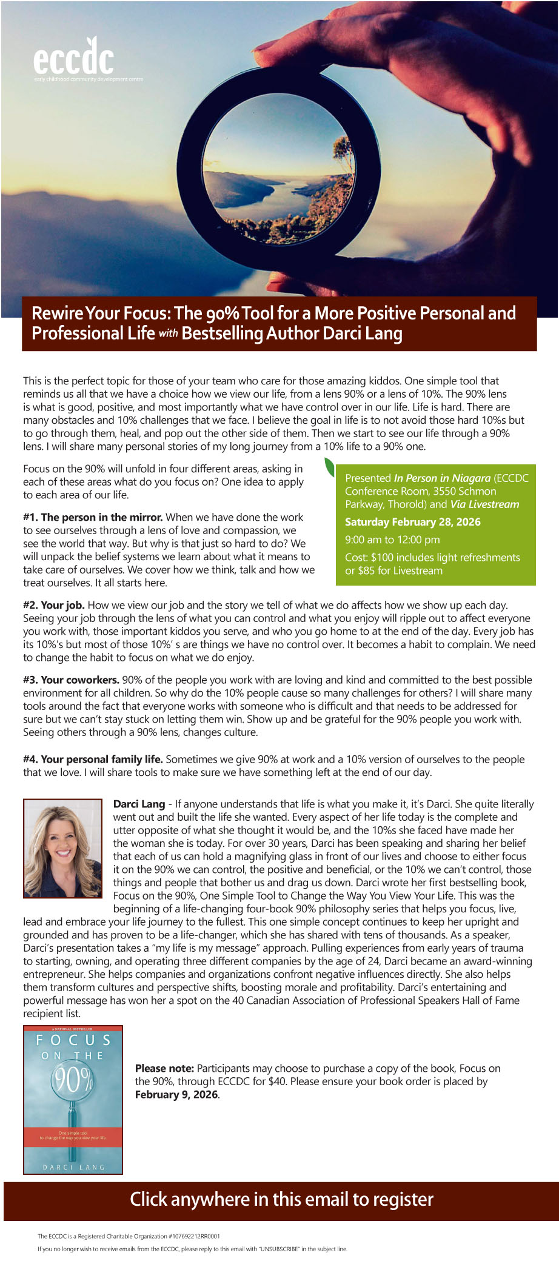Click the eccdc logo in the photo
click(73, 59)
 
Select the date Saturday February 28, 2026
click(412, 522)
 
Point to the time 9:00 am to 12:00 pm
click(392, 540)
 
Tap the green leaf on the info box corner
click(329, 467)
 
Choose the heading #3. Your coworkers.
click(71, 680)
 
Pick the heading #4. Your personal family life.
click(93, 759)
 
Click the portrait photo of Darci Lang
click(62, 848)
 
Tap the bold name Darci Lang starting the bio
click(139, 804)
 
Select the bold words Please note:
click(164, 1068)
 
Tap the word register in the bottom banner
click(403, 1199)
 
